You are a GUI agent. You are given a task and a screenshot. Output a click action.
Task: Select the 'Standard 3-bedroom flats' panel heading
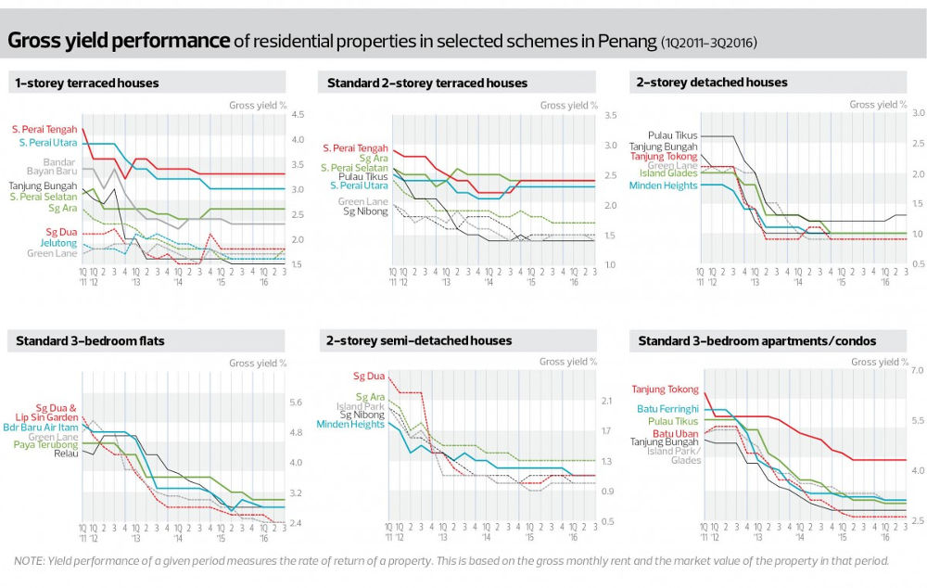(x=90, y=341)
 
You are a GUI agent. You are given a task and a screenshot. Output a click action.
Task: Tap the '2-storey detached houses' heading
(x=712, y=83)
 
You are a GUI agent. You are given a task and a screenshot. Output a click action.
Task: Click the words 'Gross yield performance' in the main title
(x=119, y=41)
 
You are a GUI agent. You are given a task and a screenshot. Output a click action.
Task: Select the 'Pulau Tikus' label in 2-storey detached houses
(x=673, y=135)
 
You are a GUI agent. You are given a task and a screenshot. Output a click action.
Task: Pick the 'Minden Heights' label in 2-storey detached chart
(x=663, y=185)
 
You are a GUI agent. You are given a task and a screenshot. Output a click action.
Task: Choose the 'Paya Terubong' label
(x=45, y=445)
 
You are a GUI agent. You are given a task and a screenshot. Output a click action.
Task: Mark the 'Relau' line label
(x=66, y=454)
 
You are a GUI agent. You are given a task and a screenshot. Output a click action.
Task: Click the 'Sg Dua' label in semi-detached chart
(x=369, y=377)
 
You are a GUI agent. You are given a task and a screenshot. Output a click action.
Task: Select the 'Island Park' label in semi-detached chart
(x=363, y=406)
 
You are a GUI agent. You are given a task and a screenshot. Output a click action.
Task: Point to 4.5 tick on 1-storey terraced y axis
(x=298, y=115)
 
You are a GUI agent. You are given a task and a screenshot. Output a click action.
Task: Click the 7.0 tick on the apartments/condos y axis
(x=919, y=371)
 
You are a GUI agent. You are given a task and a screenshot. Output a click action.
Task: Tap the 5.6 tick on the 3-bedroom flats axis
(x=296, y=403)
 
